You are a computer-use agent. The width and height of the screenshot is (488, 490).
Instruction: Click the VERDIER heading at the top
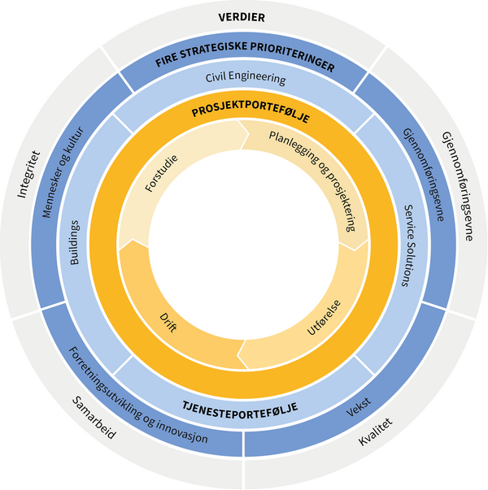(x=244, y=17)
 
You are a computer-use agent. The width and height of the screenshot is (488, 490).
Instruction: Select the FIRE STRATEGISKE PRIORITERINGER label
(x=244, y=63)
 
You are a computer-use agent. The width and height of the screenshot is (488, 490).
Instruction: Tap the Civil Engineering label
(x=244, y=80)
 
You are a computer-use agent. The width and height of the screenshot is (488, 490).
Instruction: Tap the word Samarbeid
(x=94, y=418)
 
